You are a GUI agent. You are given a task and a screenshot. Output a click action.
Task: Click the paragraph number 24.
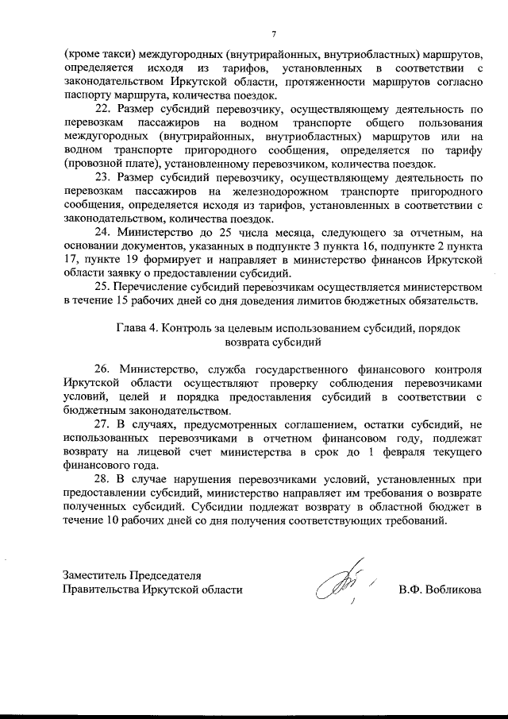pyautogui.click(x=103, y=230)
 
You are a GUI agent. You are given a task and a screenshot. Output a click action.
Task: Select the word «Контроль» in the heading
pyautogui.click(x=187, y=327)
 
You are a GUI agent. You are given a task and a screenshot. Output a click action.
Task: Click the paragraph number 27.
pyautogui.click(x=103, y=424)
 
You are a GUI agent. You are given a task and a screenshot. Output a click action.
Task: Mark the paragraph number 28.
pyautogui.click(x=103, y=480)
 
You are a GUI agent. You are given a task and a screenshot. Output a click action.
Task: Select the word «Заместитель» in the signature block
pyautogui.click(x=96, y=575)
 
